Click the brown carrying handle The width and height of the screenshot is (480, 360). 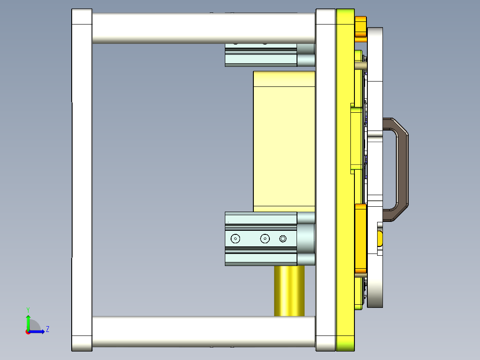[402, 169]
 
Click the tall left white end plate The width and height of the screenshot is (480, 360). [82, 178]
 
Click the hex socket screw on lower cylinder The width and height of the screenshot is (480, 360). [283, 239]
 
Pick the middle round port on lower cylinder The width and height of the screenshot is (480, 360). [265, 239]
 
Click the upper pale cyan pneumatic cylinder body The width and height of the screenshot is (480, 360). [260, 58]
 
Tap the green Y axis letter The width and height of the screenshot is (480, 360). [28, 309]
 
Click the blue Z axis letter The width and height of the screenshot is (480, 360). [47, 329]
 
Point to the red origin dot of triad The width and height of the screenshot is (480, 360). [28, 331]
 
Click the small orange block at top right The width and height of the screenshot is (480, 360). [360, 27]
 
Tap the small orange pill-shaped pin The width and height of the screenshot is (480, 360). [380, 238]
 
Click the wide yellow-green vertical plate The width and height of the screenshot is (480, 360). [345, 178]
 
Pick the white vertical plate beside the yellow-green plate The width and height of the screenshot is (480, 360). [325, 178]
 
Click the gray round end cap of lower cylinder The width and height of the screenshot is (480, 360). [306, 239]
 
